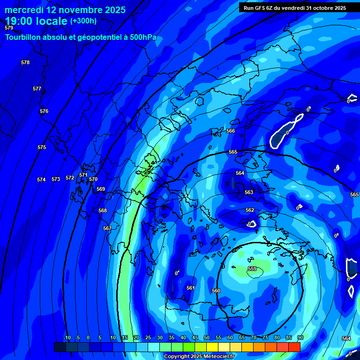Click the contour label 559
click(x=252, y=269)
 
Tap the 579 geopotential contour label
click(x=9, y=28)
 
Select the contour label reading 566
click(x=230, y=131)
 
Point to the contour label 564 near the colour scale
click(x=346, y=338)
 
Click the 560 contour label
click(x=216, y=291)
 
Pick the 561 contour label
click(x=190, y=288)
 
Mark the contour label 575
click(x=42, y=147)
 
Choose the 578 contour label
click(x=25, y=62)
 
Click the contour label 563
click(x=249, y=192)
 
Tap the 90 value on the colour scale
click(x=300, y=337)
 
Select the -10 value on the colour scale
click(x=67, y=337)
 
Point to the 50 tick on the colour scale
click(x=207, y=337)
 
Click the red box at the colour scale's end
click(x=294, y=347)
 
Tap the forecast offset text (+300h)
click(x=83, y=21)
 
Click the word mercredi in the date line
click(x=23, y=10)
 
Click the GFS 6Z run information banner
click(x=295, y=8)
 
